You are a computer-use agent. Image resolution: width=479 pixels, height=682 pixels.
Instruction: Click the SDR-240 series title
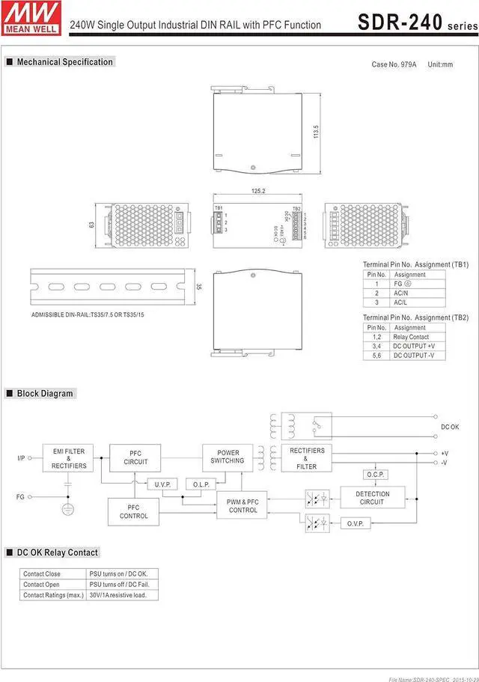coord(416,22)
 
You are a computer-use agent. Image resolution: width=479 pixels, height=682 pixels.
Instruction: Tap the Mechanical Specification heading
coord(64,62)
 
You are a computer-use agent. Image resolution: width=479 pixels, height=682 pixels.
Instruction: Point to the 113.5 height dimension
coord(317,131)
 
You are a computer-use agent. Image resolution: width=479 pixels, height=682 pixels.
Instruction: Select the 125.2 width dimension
coord(258,191)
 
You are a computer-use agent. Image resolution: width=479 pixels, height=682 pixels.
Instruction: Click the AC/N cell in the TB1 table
coord(400,293)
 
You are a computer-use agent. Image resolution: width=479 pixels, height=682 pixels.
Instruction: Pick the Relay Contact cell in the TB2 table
coord(411,337)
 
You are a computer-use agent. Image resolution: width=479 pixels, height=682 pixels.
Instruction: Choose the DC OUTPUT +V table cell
coord(414,346)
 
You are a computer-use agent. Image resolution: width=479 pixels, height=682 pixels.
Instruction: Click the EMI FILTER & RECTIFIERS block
coord(69,459)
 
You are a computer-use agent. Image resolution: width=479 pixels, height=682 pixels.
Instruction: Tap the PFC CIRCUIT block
coord(135,457)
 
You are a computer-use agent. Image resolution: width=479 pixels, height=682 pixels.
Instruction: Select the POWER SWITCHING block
coord(228,457)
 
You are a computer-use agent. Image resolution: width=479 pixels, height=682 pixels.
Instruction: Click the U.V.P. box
coord(162,484)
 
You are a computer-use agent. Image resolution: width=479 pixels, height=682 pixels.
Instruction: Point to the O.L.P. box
coord(201,484)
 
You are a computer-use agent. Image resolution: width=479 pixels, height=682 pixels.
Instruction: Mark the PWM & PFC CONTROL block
coord(243,505)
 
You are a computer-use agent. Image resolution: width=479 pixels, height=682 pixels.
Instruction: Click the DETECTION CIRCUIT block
coord(372,498)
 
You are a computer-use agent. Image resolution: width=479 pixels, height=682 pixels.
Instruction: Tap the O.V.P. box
coord(355,523)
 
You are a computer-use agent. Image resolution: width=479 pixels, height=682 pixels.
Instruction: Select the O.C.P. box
coord(375,475)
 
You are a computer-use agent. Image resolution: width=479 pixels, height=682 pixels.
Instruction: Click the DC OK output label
coord(450,427)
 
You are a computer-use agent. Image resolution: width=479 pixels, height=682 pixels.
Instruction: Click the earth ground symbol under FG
coord(68,509)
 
